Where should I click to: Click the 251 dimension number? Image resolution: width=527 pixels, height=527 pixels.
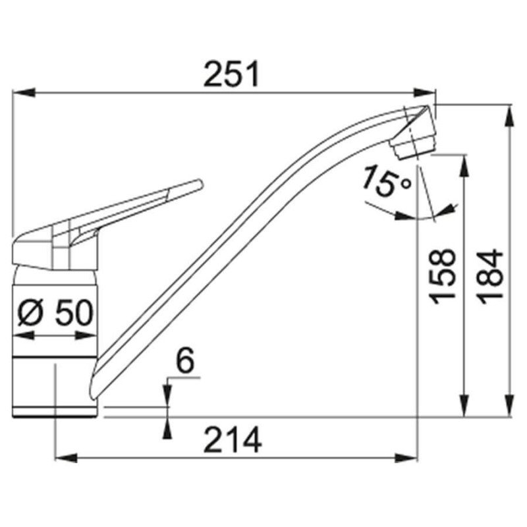pyautogui.click(x=231, y=74)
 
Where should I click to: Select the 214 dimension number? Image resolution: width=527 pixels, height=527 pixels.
pyautogui.click(x=233, y=439)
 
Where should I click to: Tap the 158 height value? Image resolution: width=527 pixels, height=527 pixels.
pyautogui.click(x=443, y=276)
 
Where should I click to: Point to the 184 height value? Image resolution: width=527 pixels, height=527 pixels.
pyautogui.click(x=490, y=276)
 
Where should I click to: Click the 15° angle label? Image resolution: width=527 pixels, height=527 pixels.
pyautogui.click(x=387, y=182)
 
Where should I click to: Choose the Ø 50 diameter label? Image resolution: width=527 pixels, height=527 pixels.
pyautogui.click(x=55, y=312)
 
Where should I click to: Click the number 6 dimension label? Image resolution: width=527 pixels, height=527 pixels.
pyautogui.click(x=185, y=360)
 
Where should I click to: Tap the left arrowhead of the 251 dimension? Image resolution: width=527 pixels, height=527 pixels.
pyautogui.click(x=24, y=92)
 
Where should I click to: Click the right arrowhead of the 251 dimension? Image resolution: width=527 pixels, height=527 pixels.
pyautogui.click(x=425, y=92)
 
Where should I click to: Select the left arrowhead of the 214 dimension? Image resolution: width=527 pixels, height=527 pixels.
pyautogui.click(x=66, y=458)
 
